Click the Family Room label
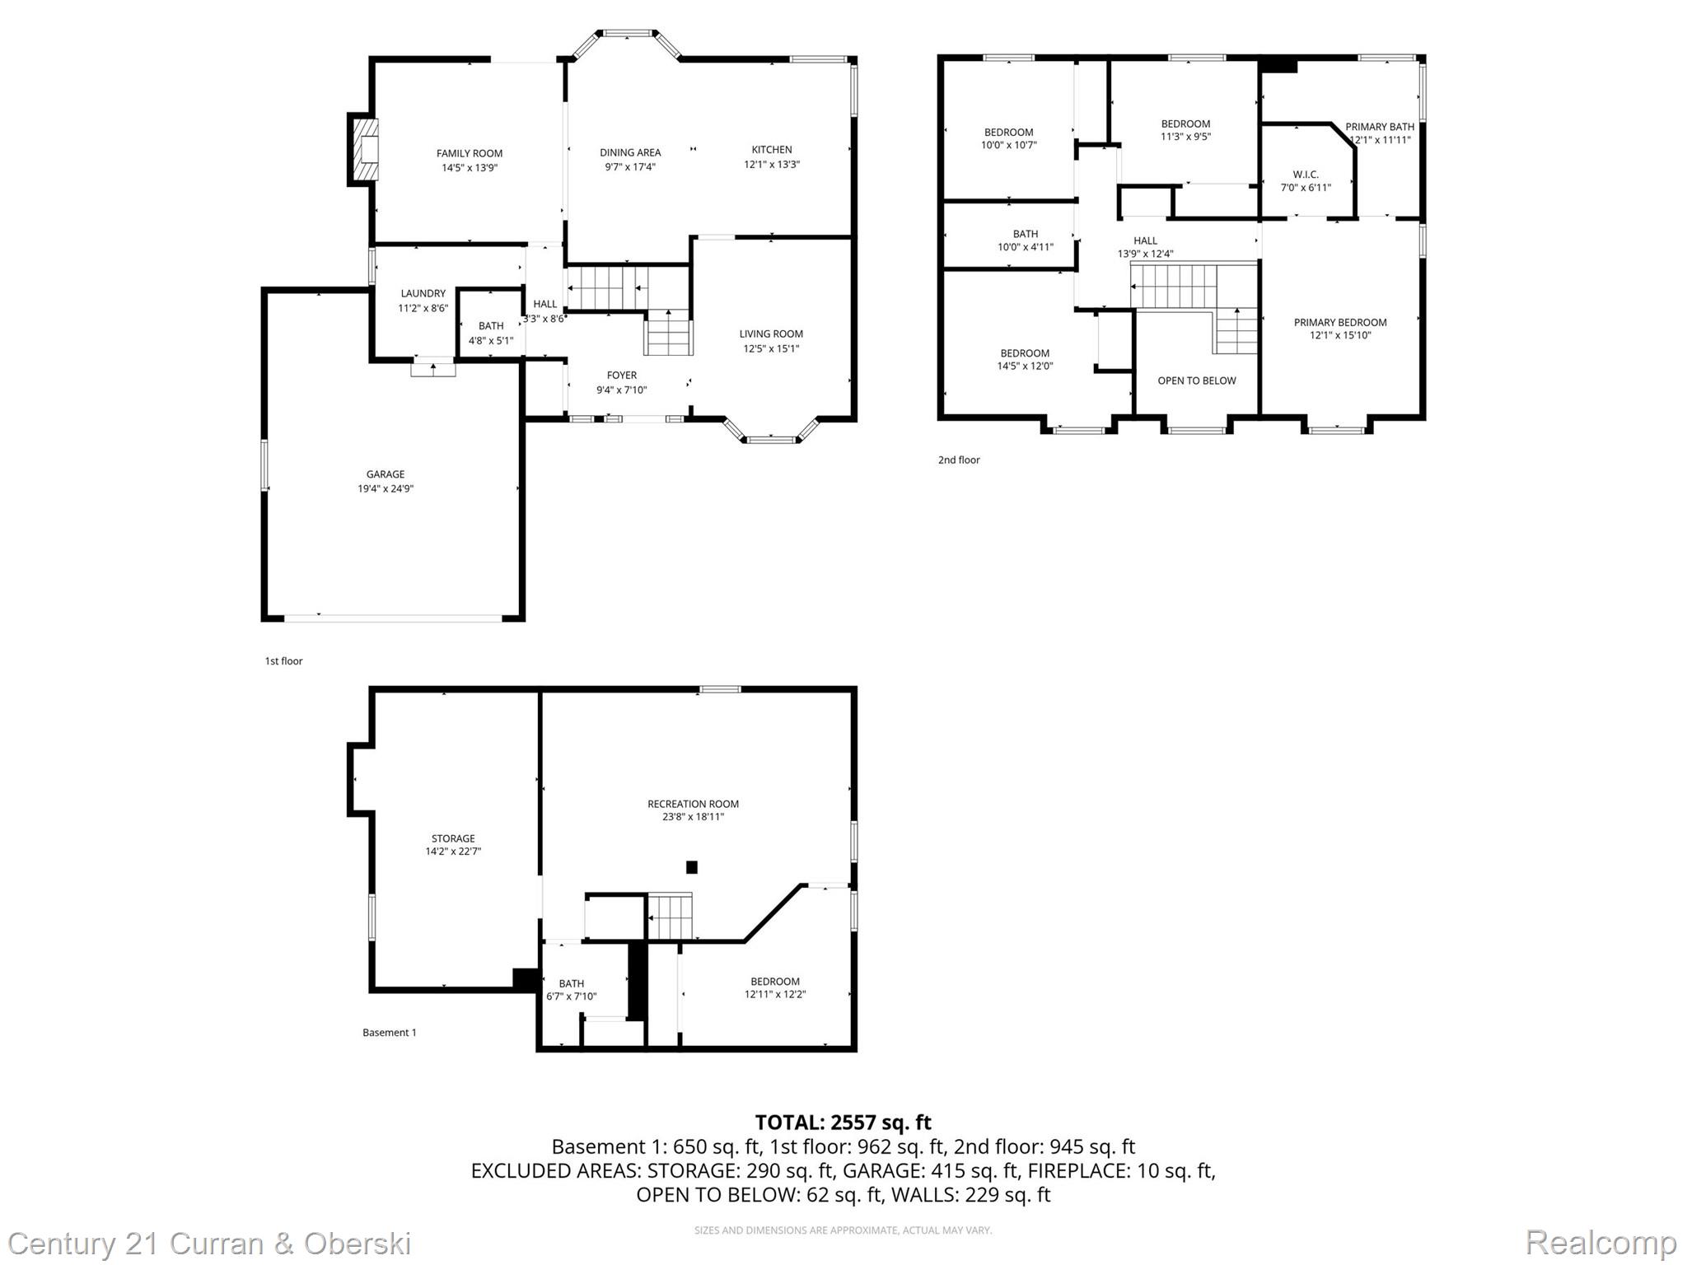469,153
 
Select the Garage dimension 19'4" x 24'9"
385,488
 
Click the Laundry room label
423,293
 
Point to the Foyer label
621,376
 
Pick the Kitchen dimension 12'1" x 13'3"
771,164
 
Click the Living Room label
770,334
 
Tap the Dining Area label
629,152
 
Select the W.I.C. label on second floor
1305,175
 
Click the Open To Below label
1196,380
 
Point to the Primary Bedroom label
1339,322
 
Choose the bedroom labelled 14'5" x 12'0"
1024,360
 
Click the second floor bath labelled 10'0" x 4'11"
1025,240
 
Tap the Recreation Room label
693,804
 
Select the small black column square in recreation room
691,866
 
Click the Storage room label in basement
452,838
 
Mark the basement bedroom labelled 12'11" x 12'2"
774,987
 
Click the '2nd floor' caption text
958,460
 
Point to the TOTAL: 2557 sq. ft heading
843,1122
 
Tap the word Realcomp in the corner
1601,1242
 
